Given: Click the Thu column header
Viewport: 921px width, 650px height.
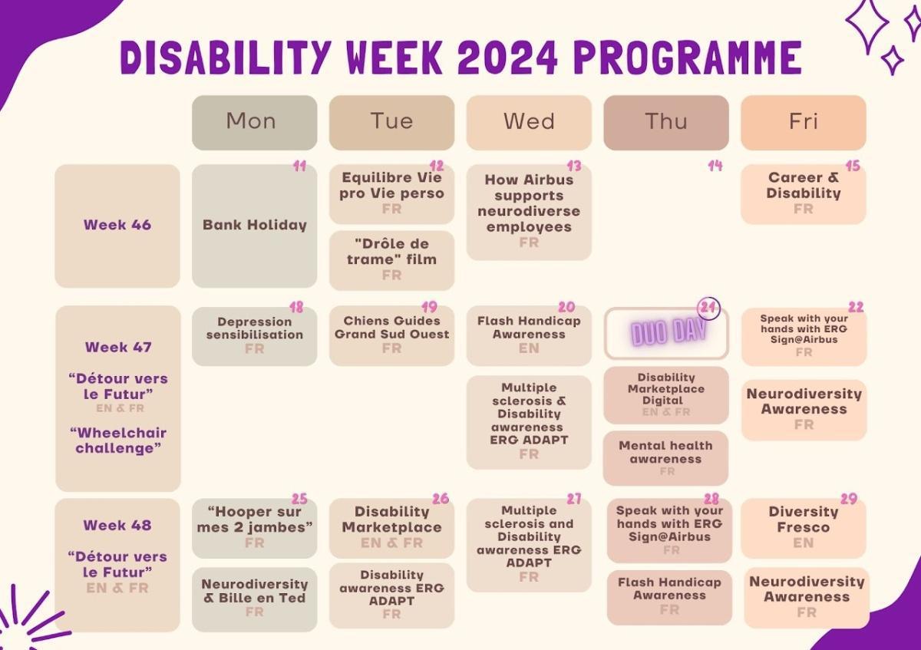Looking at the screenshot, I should click(x=665, y=122).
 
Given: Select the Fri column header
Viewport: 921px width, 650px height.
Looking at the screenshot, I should click(x=803, y=122).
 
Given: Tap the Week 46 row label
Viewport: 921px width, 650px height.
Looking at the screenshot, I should click(x=117, y=226).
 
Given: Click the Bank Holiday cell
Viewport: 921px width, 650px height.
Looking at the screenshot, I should click(x=254, y=226).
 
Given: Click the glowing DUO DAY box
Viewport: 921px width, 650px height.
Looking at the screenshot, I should click(x=665, y=334).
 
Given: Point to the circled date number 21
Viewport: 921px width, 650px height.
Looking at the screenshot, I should click(x=708, y=306).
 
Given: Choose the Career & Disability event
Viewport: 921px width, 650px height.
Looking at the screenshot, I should click(x=803, y=193).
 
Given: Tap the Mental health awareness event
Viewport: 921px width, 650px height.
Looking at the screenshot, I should click(x=665, y=457).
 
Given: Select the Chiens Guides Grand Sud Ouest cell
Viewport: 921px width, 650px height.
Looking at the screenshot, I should click(x=391, y=335).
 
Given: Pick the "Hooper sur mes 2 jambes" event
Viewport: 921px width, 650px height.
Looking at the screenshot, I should click(x=254, y=526).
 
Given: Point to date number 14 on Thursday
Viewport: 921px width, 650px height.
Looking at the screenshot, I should click(x=715, y=166).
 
